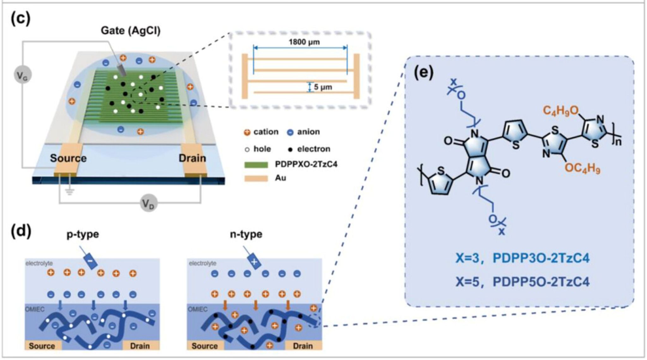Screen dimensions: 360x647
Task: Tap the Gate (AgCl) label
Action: coord(130,31)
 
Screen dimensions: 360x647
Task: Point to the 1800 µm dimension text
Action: coord(304,42)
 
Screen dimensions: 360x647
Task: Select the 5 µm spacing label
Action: coord(323,87)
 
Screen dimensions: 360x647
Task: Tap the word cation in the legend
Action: coord(266,132)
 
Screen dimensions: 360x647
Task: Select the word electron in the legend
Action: coord(313,149)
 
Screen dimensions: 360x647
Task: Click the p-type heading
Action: coord(82,234)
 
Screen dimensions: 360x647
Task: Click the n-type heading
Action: coord(246,234)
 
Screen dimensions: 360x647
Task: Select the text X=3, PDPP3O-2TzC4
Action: coord(523,259)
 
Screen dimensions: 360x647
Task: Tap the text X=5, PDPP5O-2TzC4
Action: coord(523,282)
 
